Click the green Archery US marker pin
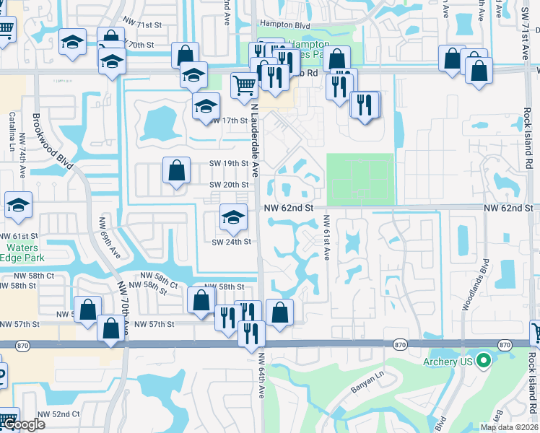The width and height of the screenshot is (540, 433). coord(484,359)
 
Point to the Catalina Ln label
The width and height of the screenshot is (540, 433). coord(12,127)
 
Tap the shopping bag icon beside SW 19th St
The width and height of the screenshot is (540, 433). coord(177,172)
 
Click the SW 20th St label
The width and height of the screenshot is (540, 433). coord(229,185)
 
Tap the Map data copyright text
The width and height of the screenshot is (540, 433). coord(508,427)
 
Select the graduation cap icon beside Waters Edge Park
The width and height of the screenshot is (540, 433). coord(18,206)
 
